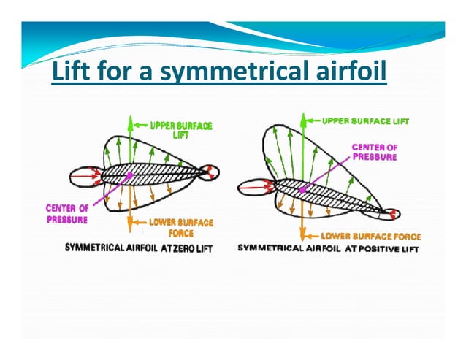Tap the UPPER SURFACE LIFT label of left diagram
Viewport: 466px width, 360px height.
point(181,130)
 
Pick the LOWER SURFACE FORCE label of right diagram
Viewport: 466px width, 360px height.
point(371,236)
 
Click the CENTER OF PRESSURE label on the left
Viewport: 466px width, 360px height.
point(67,213)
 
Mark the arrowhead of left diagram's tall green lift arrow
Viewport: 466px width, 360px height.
point(130,119)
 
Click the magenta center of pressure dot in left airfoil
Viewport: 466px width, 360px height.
point(130,175)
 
